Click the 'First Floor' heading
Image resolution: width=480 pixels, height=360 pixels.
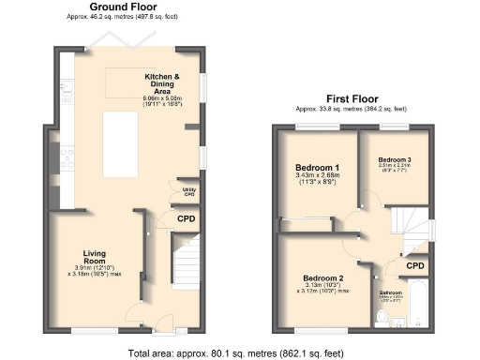[352, 97]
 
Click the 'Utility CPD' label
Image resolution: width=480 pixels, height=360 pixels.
[189, 193]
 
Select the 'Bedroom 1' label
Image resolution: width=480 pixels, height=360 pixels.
[315, 168]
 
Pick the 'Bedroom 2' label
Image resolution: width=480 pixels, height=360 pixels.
[322, 278]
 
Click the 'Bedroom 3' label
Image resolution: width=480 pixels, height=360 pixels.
[396, 158]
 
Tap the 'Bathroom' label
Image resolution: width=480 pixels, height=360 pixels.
[390, 292]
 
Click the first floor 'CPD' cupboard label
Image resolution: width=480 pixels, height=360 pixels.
[413, 265]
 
